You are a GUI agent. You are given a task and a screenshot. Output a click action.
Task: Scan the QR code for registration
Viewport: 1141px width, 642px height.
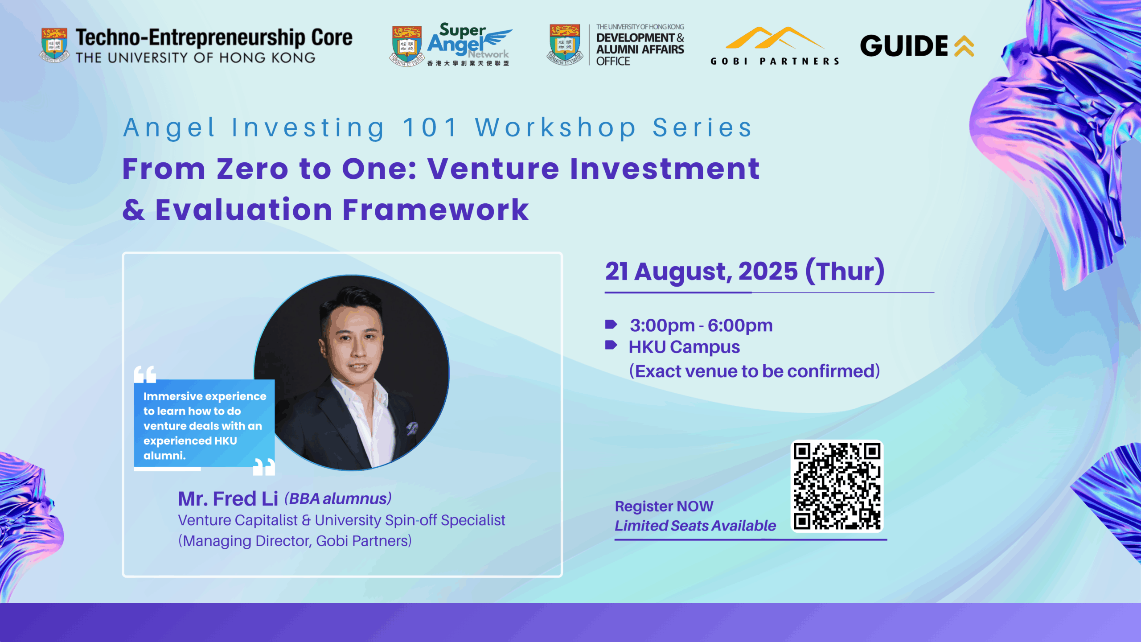(837, 486)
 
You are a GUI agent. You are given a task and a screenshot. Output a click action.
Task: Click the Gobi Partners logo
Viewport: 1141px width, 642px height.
(775, 46)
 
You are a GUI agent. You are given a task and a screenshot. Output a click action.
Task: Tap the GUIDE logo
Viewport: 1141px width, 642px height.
(917, 46)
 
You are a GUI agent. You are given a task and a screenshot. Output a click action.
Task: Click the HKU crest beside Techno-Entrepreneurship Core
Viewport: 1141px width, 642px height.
(54, 45)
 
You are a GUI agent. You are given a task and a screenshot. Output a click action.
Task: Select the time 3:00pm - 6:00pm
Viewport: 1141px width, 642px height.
(701, 325)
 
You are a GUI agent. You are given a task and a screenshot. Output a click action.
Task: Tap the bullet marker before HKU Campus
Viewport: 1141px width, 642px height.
(611, 345)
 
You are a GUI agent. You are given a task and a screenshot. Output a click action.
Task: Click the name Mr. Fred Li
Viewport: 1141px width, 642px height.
(228, 498)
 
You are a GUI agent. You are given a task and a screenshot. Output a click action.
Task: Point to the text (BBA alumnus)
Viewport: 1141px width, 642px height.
(338, 498)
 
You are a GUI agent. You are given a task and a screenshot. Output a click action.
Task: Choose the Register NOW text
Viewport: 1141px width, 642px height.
(664, 506)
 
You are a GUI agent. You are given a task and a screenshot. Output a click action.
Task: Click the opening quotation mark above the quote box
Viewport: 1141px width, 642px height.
(145, 374)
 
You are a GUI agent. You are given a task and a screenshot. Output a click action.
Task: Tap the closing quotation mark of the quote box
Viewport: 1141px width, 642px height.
(264, 467)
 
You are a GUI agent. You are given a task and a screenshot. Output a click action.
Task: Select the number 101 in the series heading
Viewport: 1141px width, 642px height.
(430, 128)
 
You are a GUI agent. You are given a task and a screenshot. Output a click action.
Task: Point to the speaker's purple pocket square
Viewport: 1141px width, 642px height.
(412, 428)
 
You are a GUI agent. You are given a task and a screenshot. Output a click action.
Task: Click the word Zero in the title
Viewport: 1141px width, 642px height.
(253, 169)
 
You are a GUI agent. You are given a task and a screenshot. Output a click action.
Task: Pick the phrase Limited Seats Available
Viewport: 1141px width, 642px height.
(695, 526)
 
